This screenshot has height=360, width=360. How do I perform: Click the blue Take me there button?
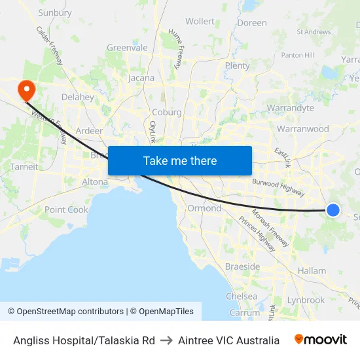pos(180,160)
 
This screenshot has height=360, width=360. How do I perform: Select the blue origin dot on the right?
pos(333,209)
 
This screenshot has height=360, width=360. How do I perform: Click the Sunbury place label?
pos(55,12)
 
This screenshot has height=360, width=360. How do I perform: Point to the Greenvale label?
pos(127,48)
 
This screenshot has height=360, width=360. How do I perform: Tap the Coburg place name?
pos(166,112)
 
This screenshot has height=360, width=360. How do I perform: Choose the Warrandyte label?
pos(290,108)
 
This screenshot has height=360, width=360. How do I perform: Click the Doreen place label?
pos(252,23)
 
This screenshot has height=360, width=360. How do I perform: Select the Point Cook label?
pos(66,209)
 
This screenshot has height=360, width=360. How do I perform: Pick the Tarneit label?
pos(24,167)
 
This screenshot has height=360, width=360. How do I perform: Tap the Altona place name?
pos(95,181)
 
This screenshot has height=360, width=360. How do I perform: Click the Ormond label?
pos(204,208)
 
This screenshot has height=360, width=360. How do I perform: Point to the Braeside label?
pos(242,267)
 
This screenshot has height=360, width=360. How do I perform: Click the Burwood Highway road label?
pos(278,187)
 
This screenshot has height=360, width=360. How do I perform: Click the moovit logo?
pos(320,340)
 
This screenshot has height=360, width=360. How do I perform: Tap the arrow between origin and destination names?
pos(166,340)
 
